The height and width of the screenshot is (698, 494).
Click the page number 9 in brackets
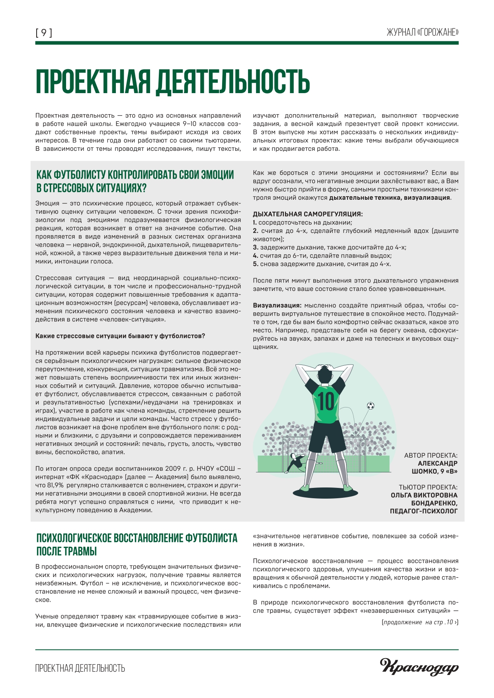click(44, 33)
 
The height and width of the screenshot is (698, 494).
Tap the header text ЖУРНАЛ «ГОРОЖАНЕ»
click(422, 33)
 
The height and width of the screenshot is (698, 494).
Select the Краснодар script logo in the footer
click(419, 667)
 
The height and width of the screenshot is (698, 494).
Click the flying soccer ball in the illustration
click(370, 406)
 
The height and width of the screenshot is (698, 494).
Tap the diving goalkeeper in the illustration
click(295, 462)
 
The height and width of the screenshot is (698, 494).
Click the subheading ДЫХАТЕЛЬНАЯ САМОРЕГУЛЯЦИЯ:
click(308, 214)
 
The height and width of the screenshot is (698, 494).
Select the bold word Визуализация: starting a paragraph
click(277, 305)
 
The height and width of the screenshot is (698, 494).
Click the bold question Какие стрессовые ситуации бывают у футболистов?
click(120, 336)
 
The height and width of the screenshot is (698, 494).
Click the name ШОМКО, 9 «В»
click(434, 471)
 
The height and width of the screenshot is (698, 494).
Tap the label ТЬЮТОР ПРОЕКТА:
click(428, 487)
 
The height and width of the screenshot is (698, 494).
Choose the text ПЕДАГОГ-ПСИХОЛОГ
click(424, 511)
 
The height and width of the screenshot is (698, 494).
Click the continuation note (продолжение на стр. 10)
click(420, 622)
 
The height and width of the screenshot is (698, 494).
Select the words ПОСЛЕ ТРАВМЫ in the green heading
click(67, 551)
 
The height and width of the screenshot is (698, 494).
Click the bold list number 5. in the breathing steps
click(256, 264)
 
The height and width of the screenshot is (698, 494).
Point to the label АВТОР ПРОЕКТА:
click(431, 455)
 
